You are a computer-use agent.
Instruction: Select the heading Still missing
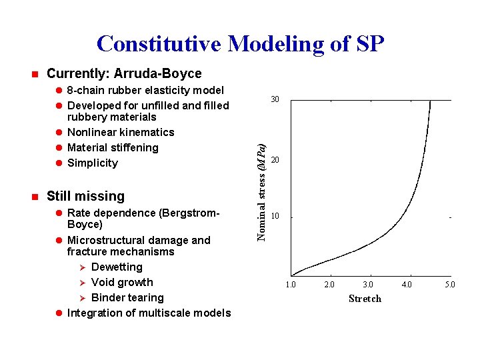click(x=85, y=196)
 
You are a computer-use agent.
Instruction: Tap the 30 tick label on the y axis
click(x=275, y=100)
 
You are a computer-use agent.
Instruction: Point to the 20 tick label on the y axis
click(x=275, y=161)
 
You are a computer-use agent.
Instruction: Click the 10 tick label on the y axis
click(x=275, y=217)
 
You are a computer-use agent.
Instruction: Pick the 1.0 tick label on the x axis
click(x=291, y=285)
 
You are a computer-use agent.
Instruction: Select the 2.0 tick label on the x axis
click(x=329, y=285)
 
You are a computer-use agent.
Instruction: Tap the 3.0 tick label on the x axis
click(x=368, y=285)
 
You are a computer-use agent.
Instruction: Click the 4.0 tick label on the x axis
click(x=407, y=285)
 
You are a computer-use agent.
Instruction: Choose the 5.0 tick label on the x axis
click(x=450, y=285)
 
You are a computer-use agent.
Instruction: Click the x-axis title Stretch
click(x=365, y=299)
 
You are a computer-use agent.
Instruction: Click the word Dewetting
click(x=117, y=267)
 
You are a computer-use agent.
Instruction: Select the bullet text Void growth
click(x=122, y=283)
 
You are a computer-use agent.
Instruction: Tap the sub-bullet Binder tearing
click(x=127, y=298)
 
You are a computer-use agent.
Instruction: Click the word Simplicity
click(x=93, y=163)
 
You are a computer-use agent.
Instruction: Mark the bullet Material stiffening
click(x=113, y=148)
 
